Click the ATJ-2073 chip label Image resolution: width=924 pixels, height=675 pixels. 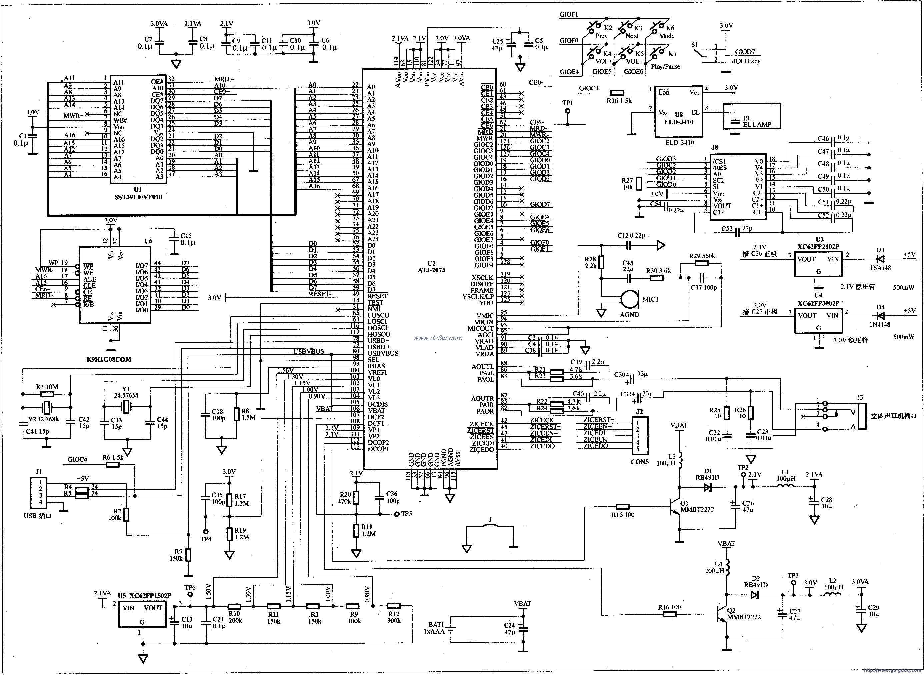pyautogui.click(x=431, y=270)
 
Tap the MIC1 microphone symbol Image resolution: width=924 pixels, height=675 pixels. pyautogui.click(x=630, y=299)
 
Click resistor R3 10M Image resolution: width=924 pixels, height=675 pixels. pyautogui.click(x=47, y=394)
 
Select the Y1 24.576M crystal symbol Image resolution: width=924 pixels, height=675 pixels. pyautogui.click(x=126, y=407)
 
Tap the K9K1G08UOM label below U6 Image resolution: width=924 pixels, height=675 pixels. pyautogui.click(x=109, y=360)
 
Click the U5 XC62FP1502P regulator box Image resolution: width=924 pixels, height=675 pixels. pyautogui.click(x=145, y=615)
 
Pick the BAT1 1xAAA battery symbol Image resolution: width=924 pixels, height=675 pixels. pyautogui.click(x=450, y=629)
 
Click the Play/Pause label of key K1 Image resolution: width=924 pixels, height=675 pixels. pyautogui.click(x=666, y=67)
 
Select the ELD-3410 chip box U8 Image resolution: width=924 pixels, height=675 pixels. pyautogui.click(x=679, y=111)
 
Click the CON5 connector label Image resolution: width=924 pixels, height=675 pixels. pyautogui.click(x=640, y=462)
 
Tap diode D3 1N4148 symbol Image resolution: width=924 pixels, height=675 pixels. pyautogui.click(x=879, y=259)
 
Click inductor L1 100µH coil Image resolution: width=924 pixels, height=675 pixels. pyautogui.click(x=785, y=486)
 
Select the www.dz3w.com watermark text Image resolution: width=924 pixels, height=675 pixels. pyautogui.click(x=438, y=338)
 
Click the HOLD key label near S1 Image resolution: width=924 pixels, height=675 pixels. pyautogui.click(x=745, y=61)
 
